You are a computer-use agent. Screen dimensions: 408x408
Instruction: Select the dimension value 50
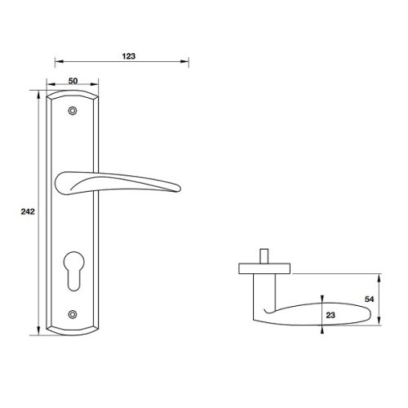pos(73,82)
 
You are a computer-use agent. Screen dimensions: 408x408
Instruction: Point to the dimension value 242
pos(25,211)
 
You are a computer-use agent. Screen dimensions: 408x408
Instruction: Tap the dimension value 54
pos(370,299)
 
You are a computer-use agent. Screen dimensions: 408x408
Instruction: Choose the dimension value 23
pos(330,313)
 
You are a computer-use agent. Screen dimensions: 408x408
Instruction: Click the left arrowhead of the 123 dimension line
pos(55,62)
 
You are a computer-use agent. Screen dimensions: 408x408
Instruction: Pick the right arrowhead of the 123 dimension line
pos(188,62)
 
